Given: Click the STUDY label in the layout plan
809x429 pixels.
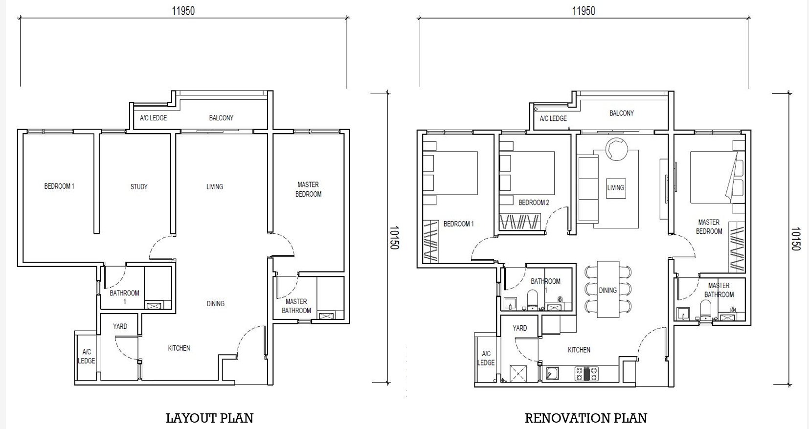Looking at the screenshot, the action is (139, 187).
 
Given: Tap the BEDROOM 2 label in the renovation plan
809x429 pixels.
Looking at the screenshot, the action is (534, 203).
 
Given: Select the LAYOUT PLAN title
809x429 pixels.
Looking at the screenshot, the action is (209, 418).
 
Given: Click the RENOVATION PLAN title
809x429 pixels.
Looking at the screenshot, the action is (586, 418).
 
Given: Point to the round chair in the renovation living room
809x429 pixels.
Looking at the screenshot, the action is (617, 148).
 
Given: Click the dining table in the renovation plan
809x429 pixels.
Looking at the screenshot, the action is (608, 289).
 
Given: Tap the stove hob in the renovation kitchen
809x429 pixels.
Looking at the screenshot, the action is (586, 373).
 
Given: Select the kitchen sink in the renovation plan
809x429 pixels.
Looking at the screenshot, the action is (552, 373).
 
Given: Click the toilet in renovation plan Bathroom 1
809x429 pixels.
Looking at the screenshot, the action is (533, 300).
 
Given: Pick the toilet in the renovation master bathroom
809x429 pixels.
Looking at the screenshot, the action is (705, 310).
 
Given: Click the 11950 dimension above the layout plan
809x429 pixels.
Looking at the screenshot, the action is (183, 11).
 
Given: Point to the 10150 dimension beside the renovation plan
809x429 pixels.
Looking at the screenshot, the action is (796, 239).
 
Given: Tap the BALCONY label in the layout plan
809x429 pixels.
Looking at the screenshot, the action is (221, 118).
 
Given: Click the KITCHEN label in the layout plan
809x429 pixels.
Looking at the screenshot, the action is (179, 348).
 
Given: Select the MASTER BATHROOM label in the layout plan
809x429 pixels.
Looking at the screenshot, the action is (296, 306).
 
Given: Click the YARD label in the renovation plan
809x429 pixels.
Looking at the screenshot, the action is (520, 328).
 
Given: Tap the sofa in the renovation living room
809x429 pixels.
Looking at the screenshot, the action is (588, 188).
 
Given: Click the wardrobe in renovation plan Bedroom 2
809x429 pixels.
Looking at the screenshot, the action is (520, 222).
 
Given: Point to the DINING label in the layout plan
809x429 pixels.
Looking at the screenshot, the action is (215, 304).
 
